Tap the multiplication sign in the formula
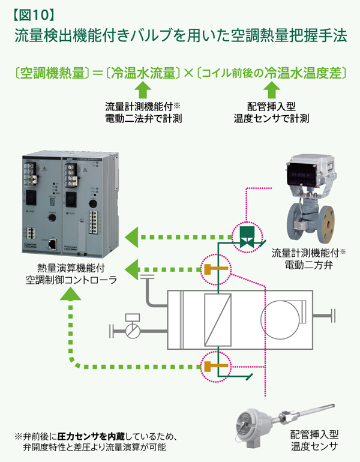[190, 73]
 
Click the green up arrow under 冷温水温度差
[271, 91]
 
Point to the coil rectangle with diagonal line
[217, 317]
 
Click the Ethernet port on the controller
[52, 244]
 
